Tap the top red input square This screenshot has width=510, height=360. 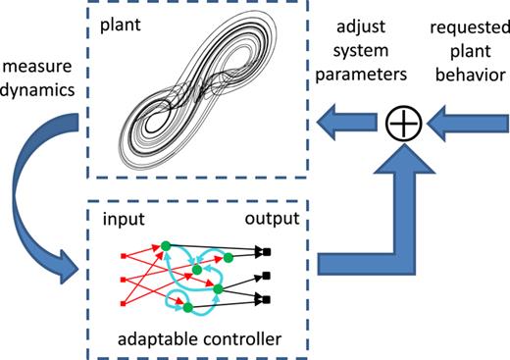pyautogui.click(x=124, y=257)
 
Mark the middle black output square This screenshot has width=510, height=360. pyautogui.click(x=267, y=276)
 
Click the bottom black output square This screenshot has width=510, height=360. pyautogui.click(x=267, y=295)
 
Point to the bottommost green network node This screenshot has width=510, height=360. pyautogui.click(x=186, y=308)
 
